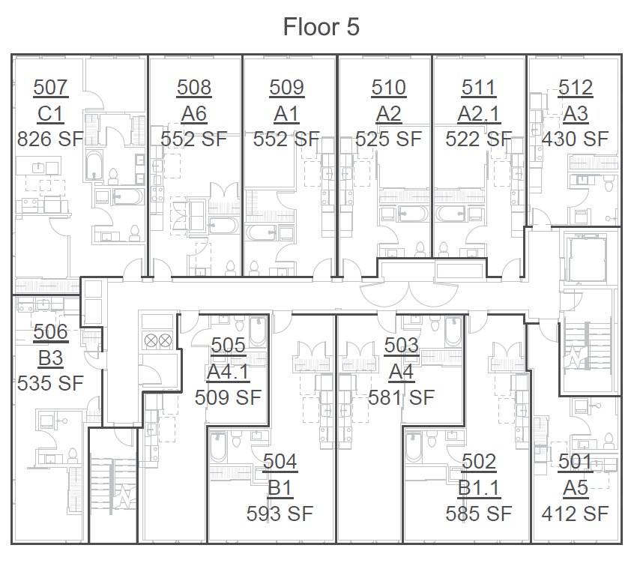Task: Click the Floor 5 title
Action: (x=321, y=28)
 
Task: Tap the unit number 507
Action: (x=51, y=88)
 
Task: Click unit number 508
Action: (x=194, y=88)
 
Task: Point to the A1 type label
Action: (x=286, y=114)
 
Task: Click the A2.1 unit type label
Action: (x=479, y=114)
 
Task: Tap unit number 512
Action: (x=576, y=88)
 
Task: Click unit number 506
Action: (x=51, y=331)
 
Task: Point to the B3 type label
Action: (x=51, y=357)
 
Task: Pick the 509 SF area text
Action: (x=228, y=397)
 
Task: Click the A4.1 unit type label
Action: (x=229, y=371)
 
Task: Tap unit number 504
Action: (x=280, y=462)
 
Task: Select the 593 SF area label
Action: (x=280, y=514)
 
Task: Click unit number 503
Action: (x=401, y=345)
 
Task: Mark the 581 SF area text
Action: (x=401, y=397)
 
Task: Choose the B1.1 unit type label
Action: (x=479, y=488)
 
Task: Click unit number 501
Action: (x=576, y=462)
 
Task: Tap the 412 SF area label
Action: (x=575, y=514)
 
